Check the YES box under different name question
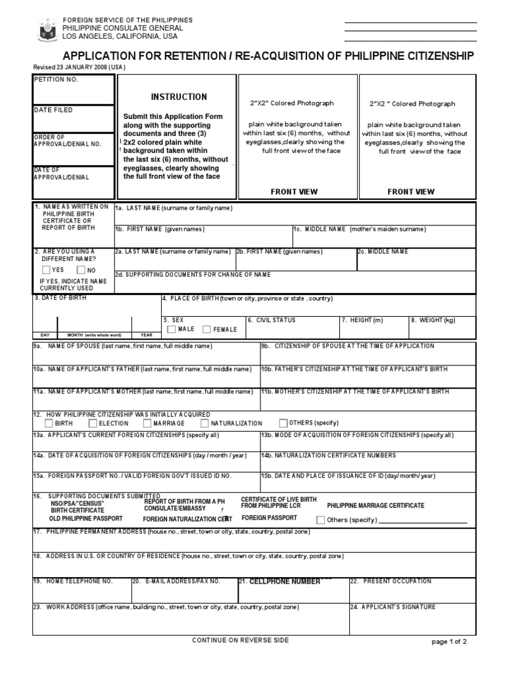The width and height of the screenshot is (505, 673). pos(46,269)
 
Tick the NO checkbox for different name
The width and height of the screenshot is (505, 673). pos(81,269)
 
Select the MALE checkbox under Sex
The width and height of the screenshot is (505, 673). pos(171,329)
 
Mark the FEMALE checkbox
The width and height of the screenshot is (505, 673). pos(206,329)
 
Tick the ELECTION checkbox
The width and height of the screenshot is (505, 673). pos(94,423)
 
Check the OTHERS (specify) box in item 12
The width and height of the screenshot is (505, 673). pos(283,423)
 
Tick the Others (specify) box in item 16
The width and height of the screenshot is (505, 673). pos(320,520)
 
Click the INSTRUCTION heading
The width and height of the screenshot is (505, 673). pos(179,97)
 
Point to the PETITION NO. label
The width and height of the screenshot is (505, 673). pos(56,80)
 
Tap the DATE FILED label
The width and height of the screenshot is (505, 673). pos(54,110)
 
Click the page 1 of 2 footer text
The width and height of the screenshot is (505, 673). pos(449,643)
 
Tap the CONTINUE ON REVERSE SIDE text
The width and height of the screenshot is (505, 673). pos(240,640)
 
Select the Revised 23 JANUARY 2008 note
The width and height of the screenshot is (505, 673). pos(79,67)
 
